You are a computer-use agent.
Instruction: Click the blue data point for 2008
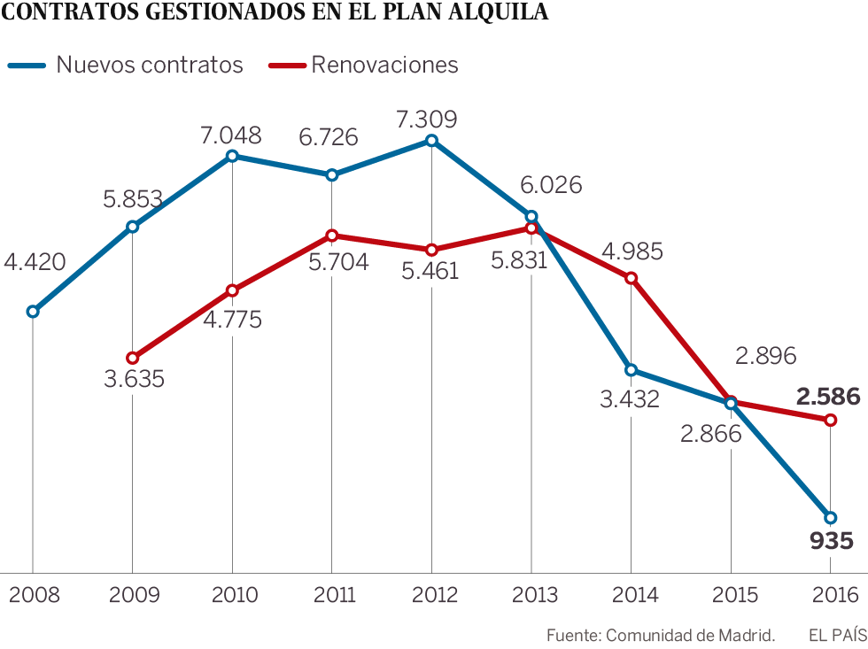(33, 312)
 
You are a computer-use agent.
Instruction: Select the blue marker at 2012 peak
(431, 141)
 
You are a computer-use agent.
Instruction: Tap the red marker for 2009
(132, 358)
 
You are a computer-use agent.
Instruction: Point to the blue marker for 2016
(830, 517)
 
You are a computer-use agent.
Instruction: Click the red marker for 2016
(830, 420)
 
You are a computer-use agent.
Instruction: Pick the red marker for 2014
(631, 278)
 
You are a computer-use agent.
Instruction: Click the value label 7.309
(428, 119)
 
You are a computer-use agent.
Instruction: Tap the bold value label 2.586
(827, 397)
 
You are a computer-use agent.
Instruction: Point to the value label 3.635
(134, 380)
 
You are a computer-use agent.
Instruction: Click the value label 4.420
(35, 262)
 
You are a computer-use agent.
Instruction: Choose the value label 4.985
(632, 252)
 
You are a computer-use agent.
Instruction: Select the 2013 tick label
(531, 594)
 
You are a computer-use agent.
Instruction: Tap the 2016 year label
(831, 594)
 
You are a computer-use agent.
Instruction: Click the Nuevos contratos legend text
(150, 65)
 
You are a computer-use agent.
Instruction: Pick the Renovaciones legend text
(384, 65)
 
